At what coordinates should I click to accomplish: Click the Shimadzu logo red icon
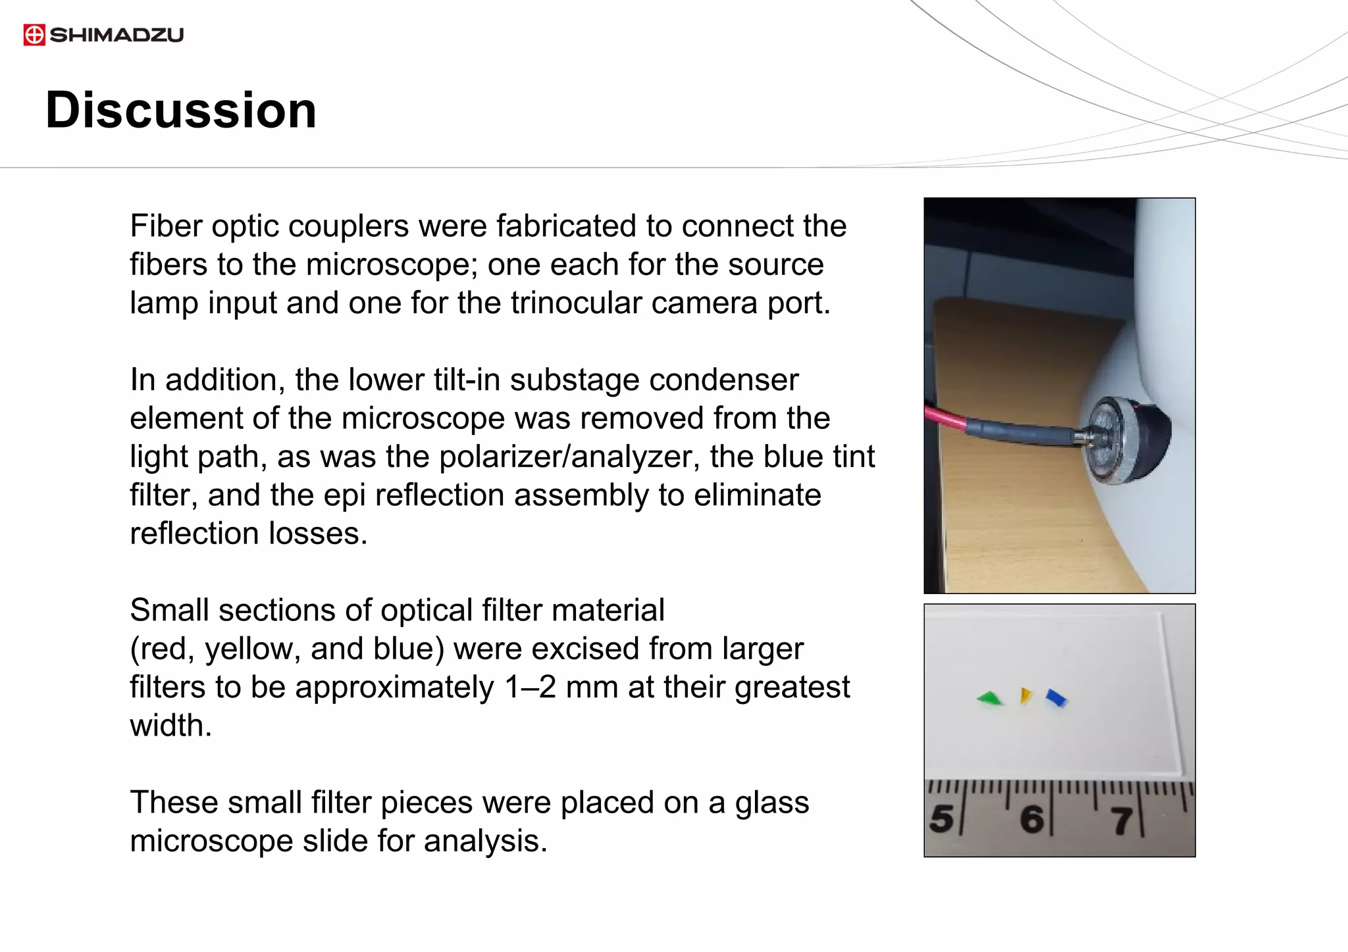point(34,34)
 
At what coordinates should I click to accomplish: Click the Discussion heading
point(181,110)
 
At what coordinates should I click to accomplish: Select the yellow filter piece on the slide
point(1025,695)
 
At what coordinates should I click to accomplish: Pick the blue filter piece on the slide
point(1056,697)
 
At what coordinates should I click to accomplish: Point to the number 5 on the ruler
point(942,818)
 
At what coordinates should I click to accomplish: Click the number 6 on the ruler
point(1031,819)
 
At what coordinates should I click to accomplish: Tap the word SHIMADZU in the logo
point(117,35)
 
